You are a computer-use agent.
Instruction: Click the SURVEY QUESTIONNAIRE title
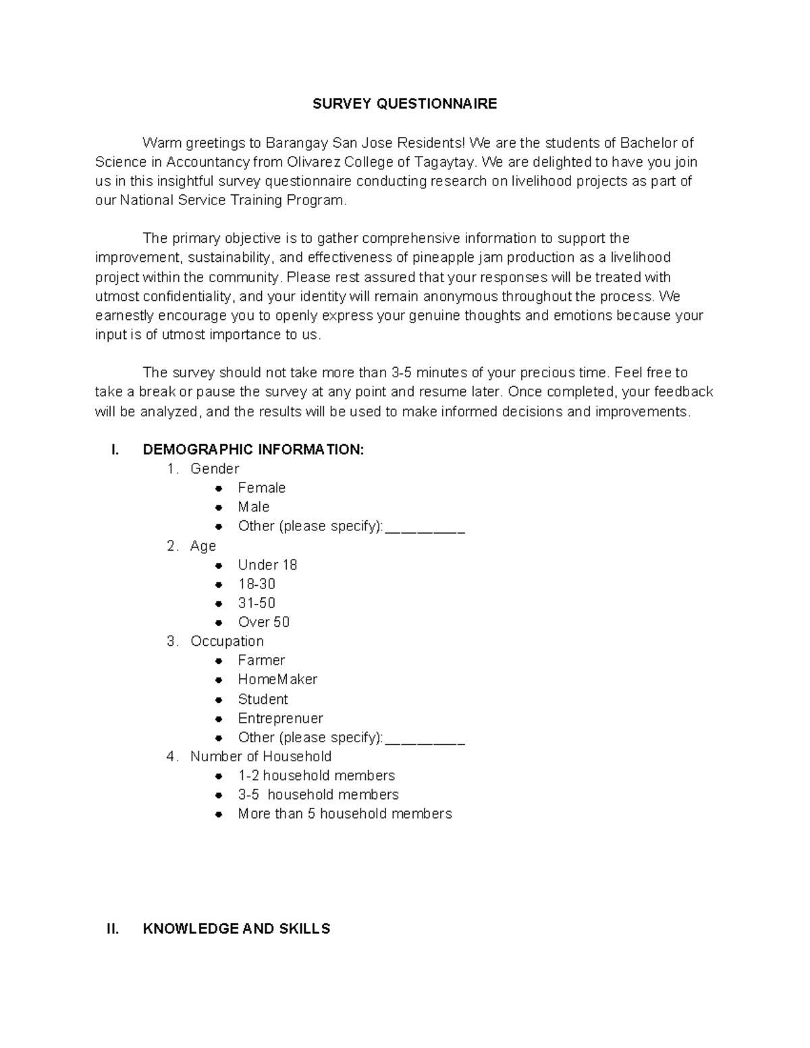click(x=404, y=103)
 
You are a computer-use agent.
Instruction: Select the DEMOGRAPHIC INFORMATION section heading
click(x=253, y=449)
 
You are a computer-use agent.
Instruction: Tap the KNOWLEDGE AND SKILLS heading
click(x=236, y=929)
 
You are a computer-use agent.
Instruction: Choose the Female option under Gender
click(x=261, y=488)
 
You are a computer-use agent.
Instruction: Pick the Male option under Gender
click(x=253, y=507)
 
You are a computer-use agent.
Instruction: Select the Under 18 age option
click(x=267, y=565)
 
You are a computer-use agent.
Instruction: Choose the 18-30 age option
click(x=256, y=584)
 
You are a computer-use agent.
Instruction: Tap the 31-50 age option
click(x=256, y=603)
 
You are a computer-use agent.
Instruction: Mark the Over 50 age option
click(x=263, y=622)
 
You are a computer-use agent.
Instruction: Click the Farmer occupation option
click(x=261, y=660)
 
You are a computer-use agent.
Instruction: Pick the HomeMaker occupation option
click(x=277, y=680)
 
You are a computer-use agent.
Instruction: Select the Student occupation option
click(x=263, y=699)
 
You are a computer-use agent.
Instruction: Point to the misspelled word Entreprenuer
click(x=280, y=718)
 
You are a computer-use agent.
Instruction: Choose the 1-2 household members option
click(x=316, y=775)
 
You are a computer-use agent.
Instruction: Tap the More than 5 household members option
click(x=344, y=814)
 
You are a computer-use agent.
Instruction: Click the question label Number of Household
click(x=261, y=756)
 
